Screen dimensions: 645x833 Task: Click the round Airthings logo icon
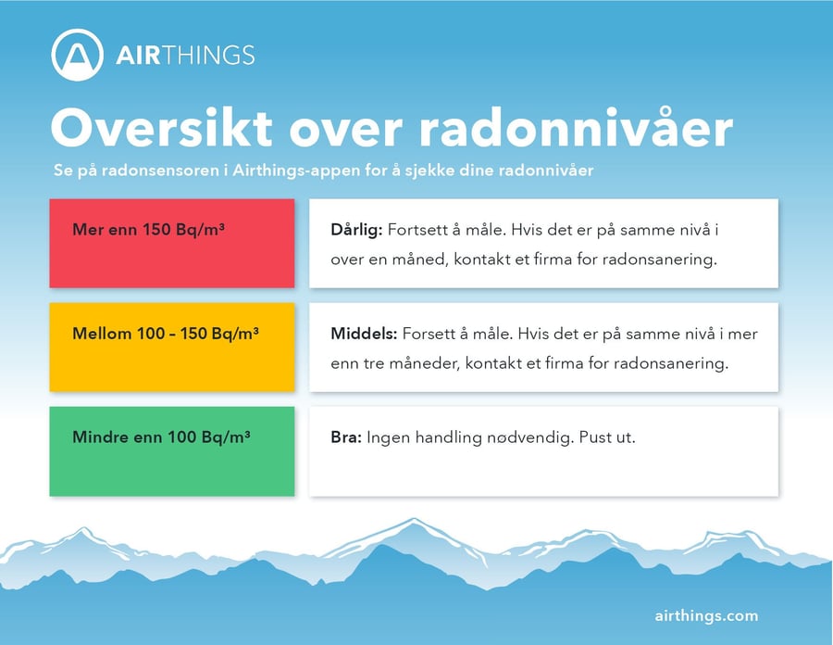coord(78,55)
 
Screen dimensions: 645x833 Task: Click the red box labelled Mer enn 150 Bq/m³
coord(171,243)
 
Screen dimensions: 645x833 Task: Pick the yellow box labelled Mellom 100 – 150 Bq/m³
coord(171,347)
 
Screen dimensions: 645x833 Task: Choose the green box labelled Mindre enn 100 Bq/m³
coord(171,450)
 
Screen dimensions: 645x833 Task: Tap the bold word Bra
coord(346,436)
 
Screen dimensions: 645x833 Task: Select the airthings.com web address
coord(706,615)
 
